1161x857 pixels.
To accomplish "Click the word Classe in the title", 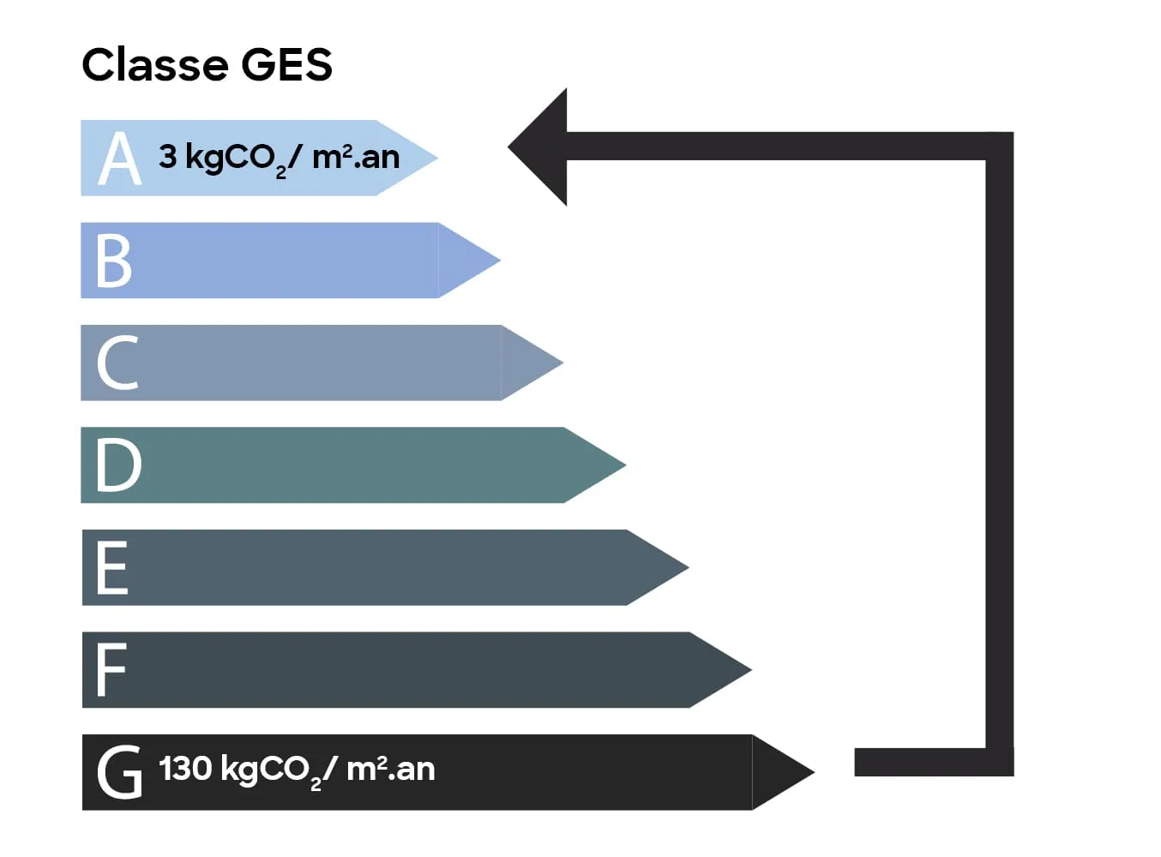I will click(154, 65).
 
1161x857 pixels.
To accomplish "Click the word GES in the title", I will click(286, 65).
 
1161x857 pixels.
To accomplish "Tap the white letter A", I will click(119, 159).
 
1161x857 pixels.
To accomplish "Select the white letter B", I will click(114, 261).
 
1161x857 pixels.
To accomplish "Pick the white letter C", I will click(117, 363).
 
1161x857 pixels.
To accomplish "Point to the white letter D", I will click(118, 464).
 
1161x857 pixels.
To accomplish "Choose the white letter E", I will click(112, 567).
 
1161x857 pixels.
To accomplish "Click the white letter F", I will click(111, 669).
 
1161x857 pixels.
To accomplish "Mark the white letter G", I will click(119, 772).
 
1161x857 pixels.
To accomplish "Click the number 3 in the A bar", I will click(168, 157).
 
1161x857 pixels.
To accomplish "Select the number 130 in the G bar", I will click(185, 768).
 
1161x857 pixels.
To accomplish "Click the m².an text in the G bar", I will click(390, 769).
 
